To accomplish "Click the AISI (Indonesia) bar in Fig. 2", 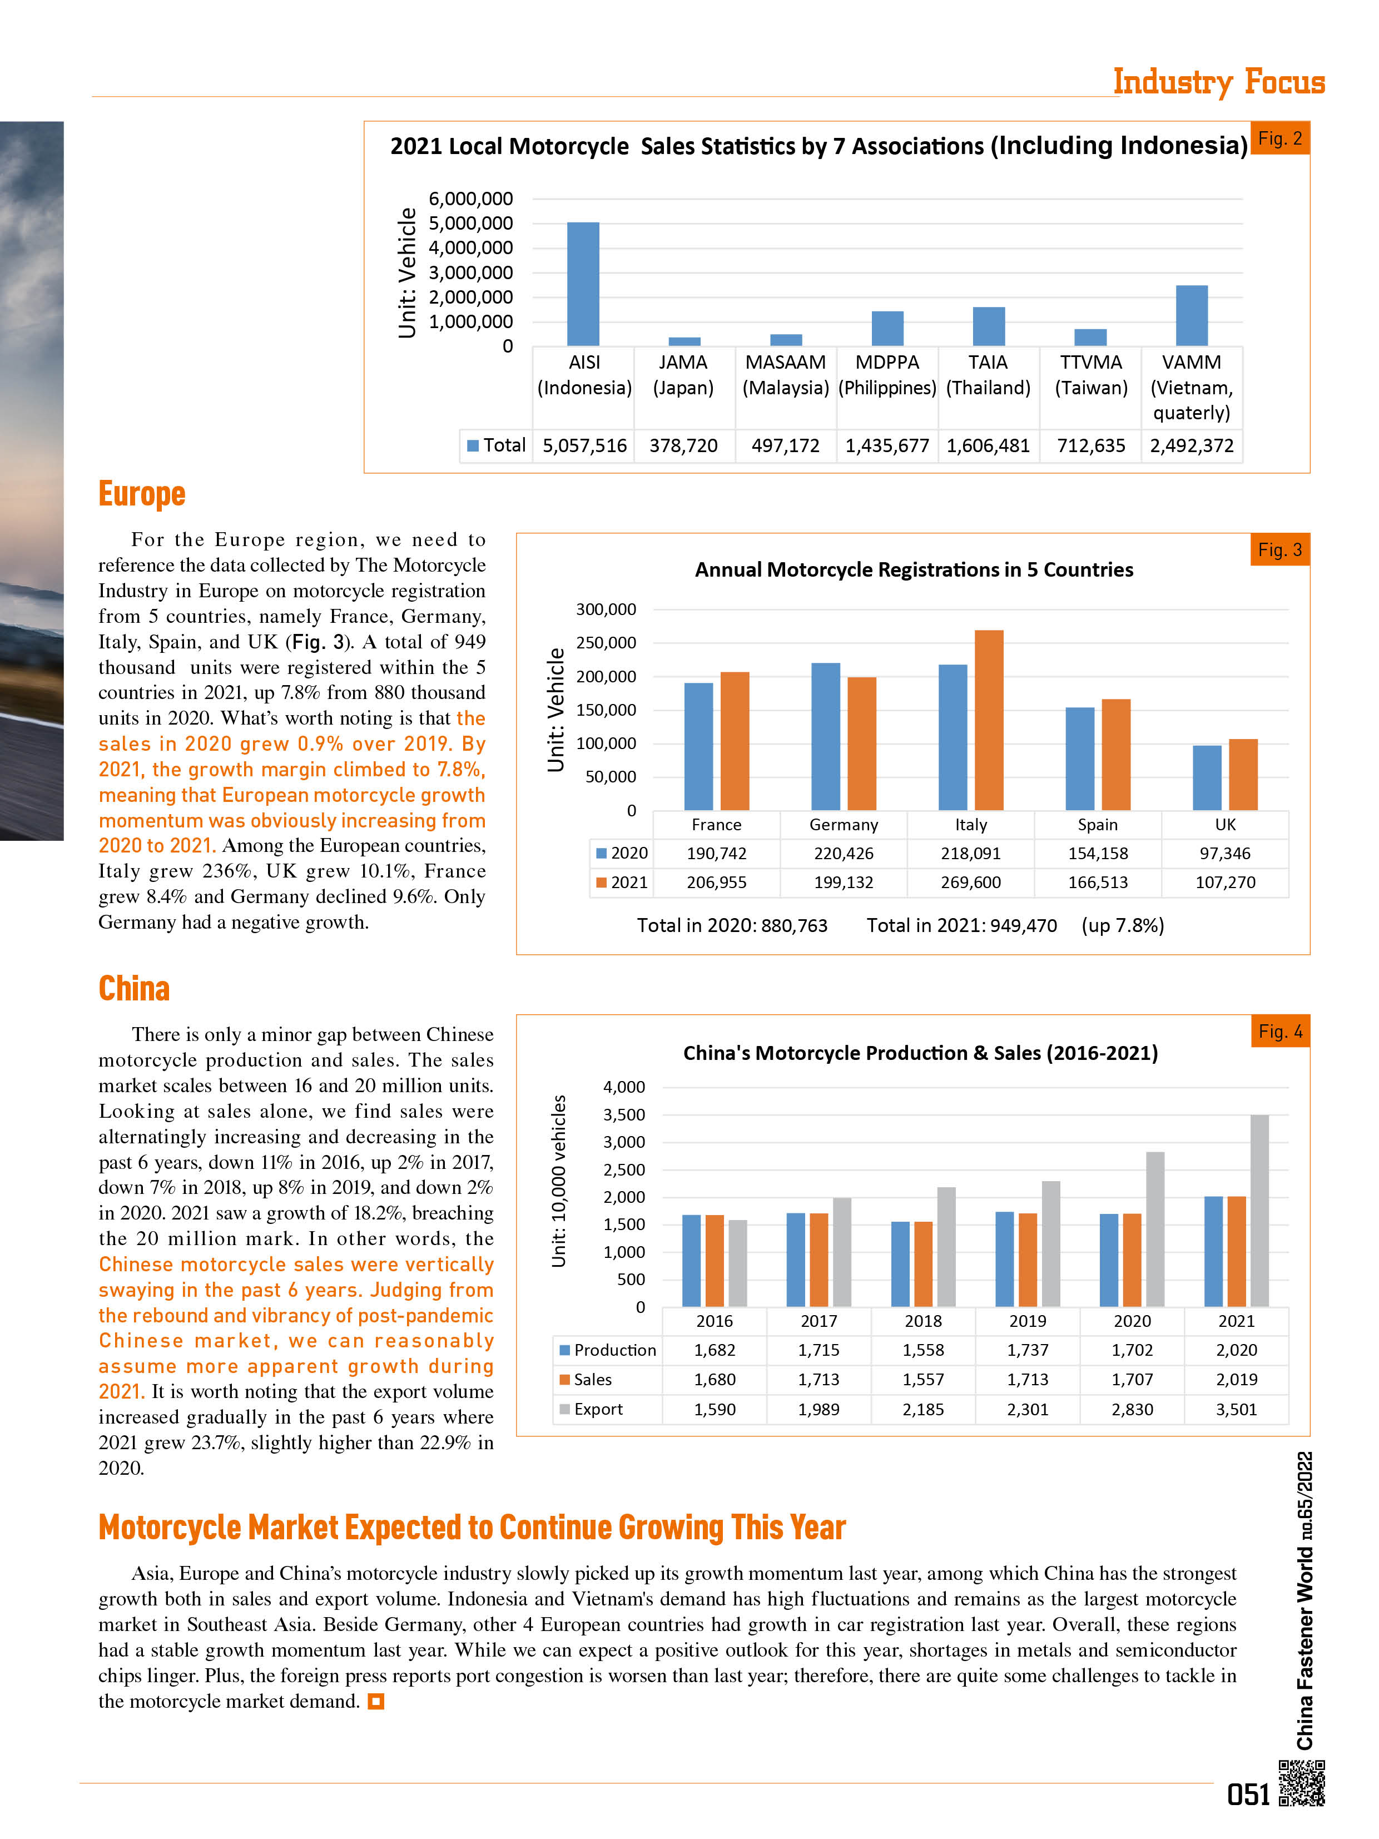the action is point(583,284).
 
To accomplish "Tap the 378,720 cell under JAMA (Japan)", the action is point(683,445).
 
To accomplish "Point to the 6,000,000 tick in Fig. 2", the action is point(470,199).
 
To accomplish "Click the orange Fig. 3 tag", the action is point(1280,549).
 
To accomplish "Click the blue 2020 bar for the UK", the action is point(1207,778).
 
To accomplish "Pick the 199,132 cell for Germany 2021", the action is point(843,882).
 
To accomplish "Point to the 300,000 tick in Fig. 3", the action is point(606,609).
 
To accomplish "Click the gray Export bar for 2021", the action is point(1259,1211).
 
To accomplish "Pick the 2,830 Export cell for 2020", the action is point(1132,1409).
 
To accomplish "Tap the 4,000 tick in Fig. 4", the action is point(624,1087).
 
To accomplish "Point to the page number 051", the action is point(1248,1794).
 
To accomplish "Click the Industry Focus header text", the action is point(1218,82).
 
